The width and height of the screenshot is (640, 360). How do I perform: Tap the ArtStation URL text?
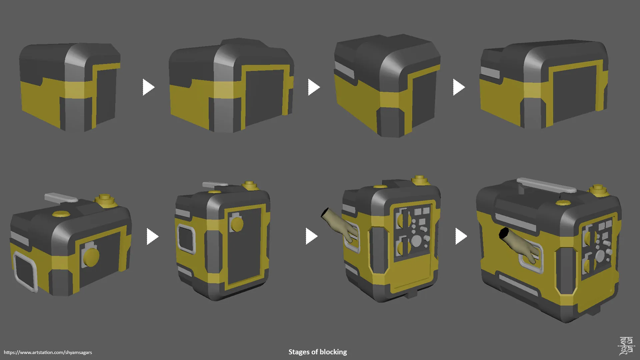tap(48, 352)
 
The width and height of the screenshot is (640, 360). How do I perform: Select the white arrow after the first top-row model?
tap(148, 87)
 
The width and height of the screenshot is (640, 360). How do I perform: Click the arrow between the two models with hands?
tap(461, 236)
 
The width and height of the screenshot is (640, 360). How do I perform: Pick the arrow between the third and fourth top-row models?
tap(459, 87)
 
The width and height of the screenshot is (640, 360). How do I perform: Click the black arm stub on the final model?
tap(503, 233)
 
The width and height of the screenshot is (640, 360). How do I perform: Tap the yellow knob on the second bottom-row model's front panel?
tap(237, 224)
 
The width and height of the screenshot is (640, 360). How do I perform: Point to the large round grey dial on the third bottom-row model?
tap(416, 241)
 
